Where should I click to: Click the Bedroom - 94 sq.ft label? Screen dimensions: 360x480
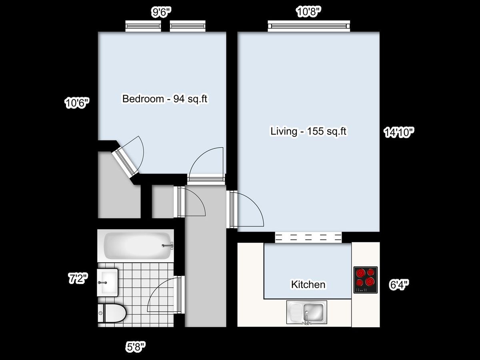tap(165, 99)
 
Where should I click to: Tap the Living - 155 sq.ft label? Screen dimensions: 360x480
tap(308, 131)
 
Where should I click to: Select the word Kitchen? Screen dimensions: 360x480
tap(308, 285)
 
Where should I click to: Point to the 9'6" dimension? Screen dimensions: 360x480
tap(161, 12)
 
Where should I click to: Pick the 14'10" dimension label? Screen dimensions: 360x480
tap(399, 132)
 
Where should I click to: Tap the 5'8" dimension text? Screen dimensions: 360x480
tap(136, 346)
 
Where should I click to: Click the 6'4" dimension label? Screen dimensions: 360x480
tap(399, 284)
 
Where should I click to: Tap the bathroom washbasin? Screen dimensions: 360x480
tap(108, 282)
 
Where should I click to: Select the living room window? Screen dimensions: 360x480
tap(309, 26)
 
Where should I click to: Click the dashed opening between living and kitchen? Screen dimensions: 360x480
tap(308, 237)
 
